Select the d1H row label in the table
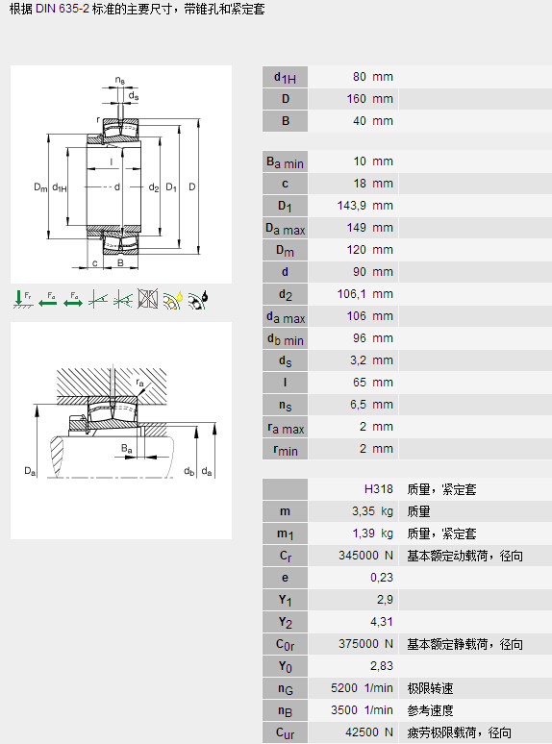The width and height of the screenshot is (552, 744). tap(285, 77)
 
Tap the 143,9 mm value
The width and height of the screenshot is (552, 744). tap(365, 206)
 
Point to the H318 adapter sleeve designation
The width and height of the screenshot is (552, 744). tap(379, 489)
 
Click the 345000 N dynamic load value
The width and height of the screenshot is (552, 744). tap(366, 556)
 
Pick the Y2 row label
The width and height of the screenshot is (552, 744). tap(285, 622)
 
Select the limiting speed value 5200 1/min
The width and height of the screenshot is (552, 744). tap(362, 688)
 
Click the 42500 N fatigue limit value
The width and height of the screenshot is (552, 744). tap(369, 732)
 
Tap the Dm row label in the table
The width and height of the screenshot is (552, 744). tap(285, 250)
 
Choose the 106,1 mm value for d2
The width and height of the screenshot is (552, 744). tap(365, 294)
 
